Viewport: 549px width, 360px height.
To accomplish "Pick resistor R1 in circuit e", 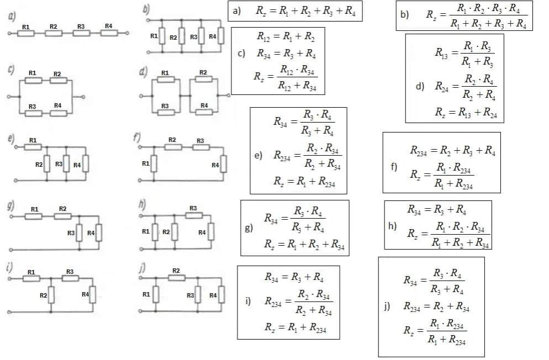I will [34, 147].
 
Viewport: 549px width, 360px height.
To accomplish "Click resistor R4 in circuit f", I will [223, 165].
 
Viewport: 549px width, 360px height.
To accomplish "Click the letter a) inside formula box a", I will [237, 11].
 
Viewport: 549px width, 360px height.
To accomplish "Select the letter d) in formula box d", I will [420, 86].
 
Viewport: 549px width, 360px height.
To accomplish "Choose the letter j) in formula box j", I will [387, 306].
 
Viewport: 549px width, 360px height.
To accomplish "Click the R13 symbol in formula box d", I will [442, 54].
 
